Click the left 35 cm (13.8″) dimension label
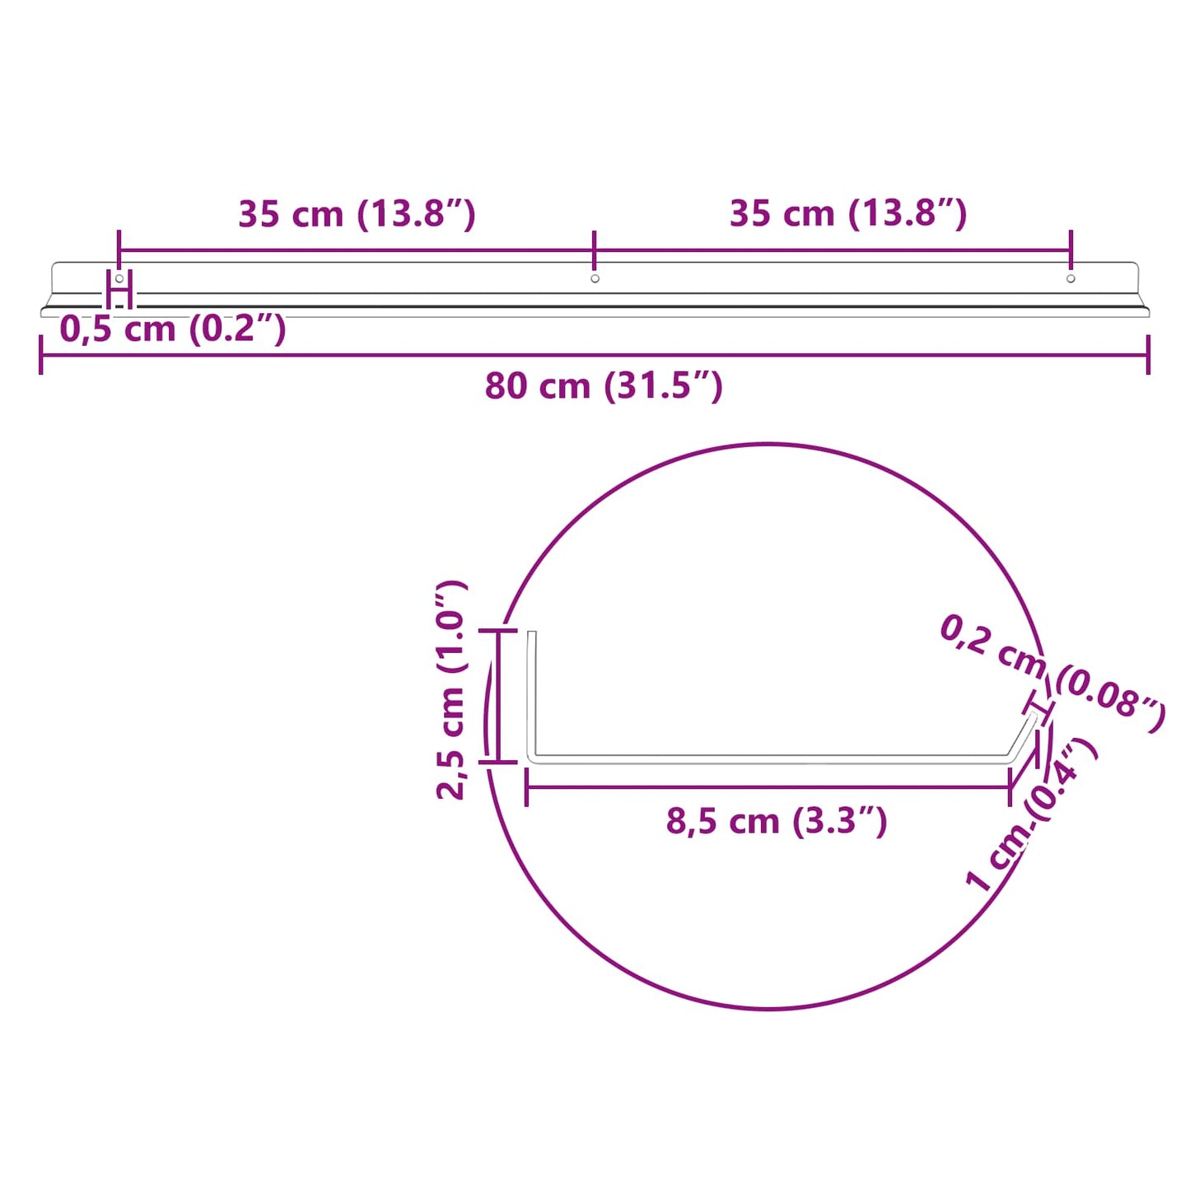point(357,214)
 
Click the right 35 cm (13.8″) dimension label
point(847,213)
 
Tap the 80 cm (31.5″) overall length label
point(603,385)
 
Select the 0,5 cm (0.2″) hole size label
point(173,329)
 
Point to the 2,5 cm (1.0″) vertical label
point(452,689)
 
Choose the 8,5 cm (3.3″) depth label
point(776,821)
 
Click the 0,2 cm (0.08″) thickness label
point(1052,672)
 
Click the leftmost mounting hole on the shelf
point(119,278)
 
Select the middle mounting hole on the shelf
point(595,278)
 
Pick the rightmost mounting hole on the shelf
point(1071,278)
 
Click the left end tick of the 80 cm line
point(40,355)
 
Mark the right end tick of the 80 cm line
point(1148,355)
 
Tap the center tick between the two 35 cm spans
point(594,249)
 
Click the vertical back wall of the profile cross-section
point(532,692)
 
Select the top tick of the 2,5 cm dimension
point(497,631)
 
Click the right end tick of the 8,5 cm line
point(1010,788)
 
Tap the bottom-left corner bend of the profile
point(533,758)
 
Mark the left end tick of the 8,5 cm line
point(526,788)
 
